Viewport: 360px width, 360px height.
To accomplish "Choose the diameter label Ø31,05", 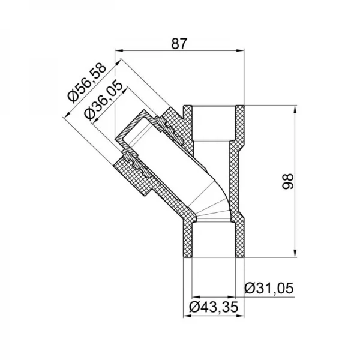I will click(269, 289).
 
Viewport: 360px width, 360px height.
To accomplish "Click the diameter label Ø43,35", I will click(214, 308).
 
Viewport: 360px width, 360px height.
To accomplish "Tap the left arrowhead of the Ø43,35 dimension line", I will click(193, 297).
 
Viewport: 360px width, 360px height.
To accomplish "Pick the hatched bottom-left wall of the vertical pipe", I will click(187, 240).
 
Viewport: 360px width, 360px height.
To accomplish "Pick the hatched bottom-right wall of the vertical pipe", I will click(240, 240).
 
